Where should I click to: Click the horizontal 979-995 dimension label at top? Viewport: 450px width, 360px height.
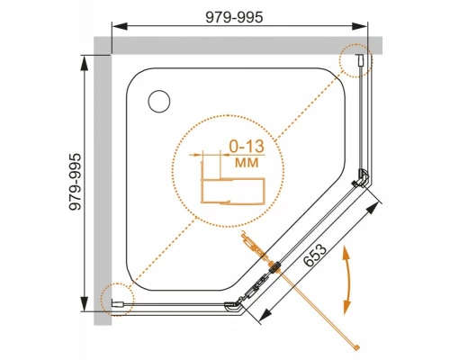pos(234,17)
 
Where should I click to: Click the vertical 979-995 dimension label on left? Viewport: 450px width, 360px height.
pos(75,182)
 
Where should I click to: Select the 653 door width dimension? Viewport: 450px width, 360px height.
pos(315,255)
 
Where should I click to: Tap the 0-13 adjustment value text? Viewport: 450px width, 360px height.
pos(247,146)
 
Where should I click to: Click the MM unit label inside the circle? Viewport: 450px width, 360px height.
pos(247,163)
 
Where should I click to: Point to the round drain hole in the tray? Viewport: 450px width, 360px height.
pos(159,102)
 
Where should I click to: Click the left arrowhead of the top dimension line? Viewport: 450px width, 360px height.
pos(120,26)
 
